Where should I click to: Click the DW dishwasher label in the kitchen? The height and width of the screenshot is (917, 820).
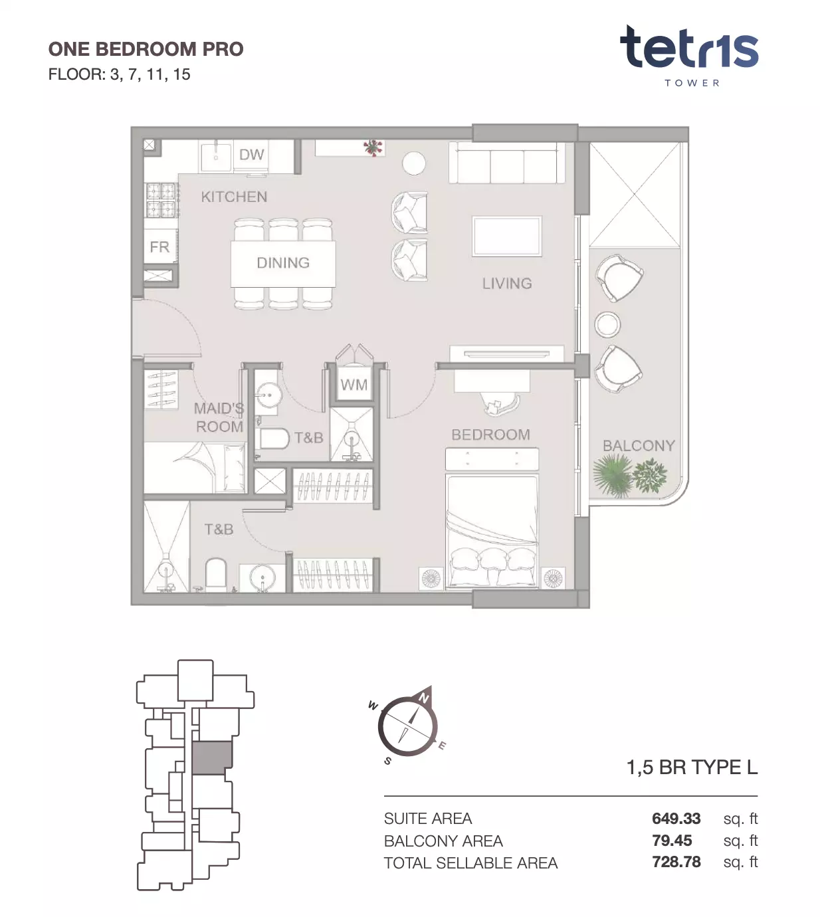[x=251, y=155]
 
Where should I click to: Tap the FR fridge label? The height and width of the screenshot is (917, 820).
[x=159, y=247]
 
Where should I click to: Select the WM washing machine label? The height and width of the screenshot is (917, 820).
[x=354, y=385]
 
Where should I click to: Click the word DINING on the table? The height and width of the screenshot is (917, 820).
[x=283, y=262]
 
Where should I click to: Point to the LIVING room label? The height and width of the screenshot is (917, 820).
[x=506, y=283]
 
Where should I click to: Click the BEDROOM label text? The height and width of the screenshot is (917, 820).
[x=490, y=435]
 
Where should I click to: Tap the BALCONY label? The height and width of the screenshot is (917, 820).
[x=639, y=446]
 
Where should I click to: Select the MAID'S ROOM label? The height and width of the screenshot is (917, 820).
[x=219, y=417]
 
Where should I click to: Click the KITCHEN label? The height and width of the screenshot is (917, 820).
[x=234, y=197]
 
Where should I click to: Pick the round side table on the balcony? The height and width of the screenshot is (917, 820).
[x=607, y=324]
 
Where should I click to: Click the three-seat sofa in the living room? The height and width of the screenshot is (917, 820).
[x=506, y=163]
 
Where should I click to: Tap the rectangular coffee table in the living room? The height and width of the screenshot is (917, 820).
[x=506, y=237]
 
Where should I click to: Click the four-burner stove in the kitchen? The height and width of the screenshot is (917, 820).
[x=161, y=199]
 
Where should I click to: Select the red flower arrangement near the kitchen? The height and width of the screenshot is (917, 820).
[x=373, y=147]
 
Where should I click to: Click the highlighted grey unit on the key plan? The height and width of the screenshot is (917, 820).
[x=212, y=758]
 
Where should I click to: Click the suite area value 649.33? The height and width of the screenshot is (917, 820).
[x=676, y=819]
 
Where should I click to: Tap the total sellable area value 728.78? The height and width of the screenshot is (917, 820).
[x=676, y=862]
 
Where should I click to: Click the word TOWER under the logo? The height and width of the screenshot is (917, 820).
[x=692, y=83]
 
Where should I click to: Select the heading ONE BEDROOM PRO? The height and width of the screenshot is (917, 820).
[x=146, y=49]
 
